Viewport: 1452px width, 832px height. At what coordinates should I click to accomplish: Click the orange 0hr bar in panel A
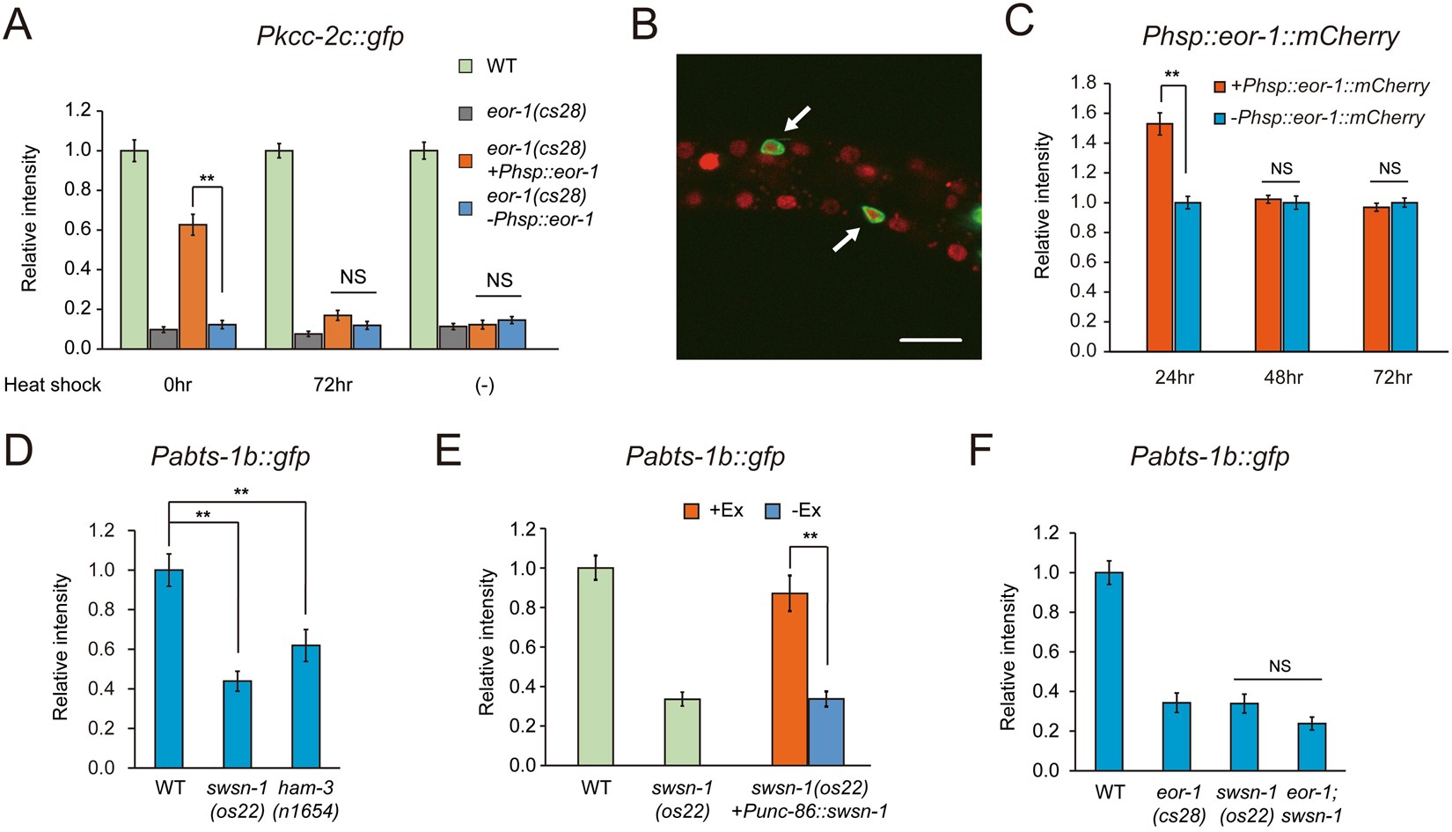193,287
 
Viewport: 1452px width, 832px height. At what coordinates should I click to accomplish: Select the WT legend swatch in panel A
466,66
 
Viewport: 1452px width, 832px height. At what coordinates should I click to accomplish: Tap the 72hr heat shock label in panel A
333,385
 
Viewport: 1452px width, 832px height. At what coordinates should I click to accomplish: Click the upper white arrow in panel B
798,119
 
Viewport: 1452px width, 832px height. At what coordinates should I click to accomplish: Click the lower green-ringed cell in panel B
871,214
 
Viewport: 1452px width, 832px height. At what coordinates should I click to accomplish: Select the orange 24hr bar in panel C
1159,238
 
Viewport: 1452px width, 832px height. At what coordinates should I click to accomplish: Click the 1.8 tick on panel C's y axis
1082,83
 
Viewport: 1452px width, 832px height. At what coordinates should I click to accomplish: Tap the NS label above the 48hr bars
1281,169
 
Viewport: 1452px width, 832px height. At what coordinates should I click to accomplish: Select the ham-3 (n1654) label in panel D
305,799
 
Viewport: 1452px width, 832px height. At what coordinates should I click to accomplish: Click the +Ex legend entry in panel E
714,511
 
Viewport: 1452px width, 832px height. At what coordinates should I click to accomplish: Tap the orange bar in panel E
789,679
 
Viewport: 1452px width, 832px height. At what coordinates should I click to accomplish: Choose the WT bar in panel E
596,666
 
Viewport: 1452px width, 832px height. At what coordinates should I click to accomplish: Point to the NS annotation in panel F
1280,666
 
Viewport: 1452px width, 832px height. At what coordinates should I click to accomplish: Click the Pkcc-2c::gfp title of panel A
330,36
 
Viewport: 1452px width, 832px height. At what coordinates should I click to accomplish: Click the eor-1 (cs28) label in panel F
1179,804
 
